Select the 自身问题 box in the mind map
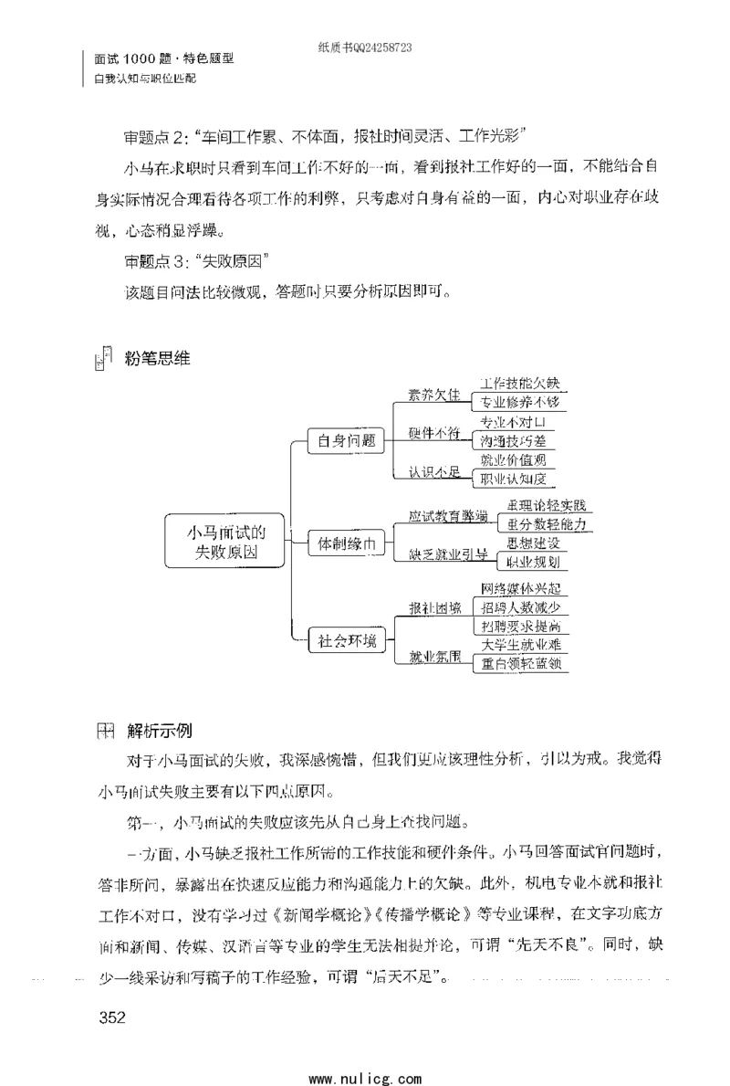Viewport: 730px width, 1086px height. pos(346,440)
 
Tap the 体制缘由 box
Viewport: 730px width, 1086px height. pos(346,544)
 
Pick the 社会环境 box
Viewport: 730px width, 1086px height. pos(346,640)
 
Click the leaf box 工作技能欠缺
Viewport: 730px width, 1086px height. pos(517,384)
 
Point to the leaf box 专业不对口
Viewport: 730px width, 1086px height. pos(517,422)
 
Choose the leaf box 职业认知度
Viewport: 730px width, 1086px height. pos(517,479)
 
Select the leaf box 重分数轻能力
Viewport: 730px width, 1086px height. pos(545,524)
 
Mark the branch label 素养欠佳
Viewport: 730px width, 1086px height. pos(428,395)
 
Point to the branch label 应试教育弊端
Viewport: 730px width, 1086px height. pos(447,516)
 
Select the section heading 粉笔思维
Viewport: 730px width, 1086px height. pos(157,358)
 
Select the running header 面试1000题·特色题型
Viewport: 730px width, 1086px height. pos(164,58)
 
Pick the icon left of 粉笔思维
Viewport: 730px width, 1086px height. pos(103,359)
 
